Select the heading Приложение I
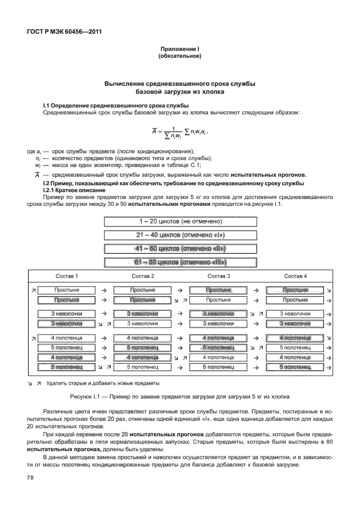click(x=179, y=50)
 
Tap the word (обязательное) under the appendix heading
click(x=179, y=57)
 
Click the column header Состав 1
click(x=67, y=277)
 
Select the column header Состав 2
click(x=143, y=277)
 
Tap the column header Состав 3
click(x=219, y=277)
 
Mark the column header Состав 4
click(x=295, y=277)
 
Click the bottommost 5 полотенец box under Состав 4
click(x=295, y=366)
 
